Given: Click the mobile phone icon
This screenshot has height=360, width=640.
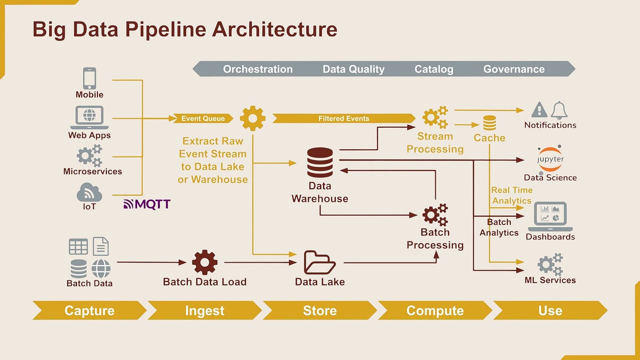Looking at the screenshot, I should point(90,78).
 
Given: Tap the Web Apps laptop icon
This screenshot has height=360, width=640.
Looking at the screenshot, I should point(90,117).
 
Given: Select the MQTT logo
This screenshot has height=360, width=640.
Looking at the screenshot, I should point(147,204).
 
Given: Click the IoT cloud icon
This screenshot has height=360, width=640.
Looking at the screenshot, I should point(89,192).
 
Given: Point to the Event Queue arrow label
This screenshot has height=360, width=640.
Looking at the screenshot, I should point(203,118).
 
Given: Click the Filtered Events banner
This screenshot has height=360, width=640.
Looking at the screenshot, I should point(344,118).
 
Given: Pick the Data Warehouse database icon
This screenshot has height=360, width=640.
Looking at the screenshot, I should point(320,163).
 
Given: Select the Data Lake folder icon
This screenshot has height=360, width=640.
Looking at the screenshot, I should point(320,262).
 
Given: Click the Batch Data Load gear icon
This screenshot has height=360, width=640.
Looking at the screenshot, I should point(205,262).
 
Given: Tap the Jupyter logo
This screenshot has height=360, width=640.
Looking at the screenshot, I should point(550,159).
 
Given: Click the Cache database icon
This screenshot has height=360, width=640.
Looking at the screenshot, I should point(489,123).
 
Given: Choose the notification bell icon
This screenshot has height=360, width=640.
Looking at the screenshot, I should point(559,110).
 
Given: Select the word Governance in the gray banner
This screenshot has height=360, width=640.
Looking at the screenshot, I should point(514,69).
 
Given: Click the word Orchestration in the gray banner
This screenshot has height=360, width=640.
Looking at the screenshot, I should point(258,69).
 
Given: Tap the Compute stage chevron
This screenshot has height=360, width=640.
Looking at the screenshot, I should point(435,311).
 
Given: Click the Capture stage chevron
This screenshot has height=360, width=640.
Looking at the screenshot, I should point(89,311).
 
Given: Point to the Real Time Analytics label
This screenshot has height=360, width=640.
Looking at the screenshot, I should point(512,195).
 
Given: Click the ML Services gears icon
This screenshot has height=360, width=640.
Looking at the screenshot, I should point(550,264).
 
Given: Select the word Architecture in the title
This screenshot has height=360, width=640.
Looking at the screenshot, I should point(274,29).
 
